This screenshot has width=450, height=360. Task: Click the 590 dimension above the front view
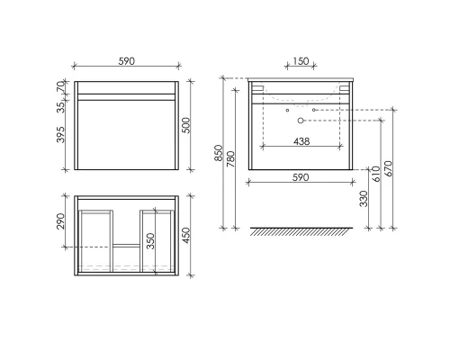[127, 61]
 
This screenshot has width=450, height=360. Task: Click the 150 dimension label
[301, 61]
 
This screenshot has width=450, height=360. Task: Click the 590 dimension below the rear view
[301, 177]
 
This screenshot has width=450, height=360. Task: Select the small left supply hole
[286, 110]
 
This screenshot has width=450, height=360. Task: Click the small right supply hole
[313, 110]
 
